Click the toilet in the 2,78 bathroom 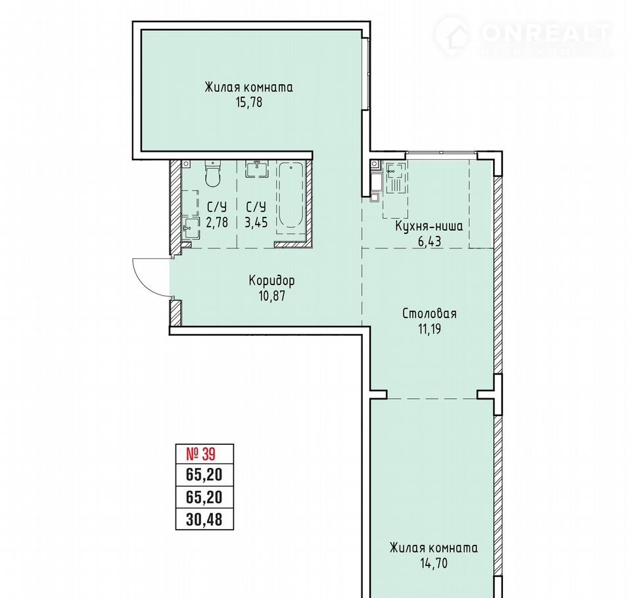pyautogui.click(x=213, y=174)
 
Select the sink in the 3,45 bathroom pyautogui.click(x=256, y=169)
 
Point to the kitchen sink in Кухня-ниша pyautogui.click(x=395, y=177)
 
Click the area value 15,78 pyautogui.click(x=249, y=103)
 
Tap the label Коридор pyautogui.click(x=271, y=280)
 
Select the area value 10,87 pyautogui.click(x=272, y=296)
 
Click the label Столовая pyautogui.click(x=429, y=313)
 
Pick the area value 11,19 pyautogui.click(x=429, y=329)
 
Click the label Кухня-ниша pyautogui.click(x=429, y=226)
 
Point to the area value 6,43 pyautogui.click(x=429, y=241)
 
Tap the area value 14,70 pyautogui.click(x=434, y=563)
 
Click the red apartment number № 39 pyautogui.click(x=201, y=454)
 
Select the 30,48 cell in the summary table pyautogui.click(x=204, y=520)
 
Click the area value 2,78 pyautogui.click(x=217, y=222)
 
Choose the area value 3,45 pyautogui.click(x=256, y=222)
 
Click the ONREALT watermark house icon pyautogui.click(x=452, y=35)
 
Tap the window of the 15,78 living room pyautogui.click(x=365, y=73)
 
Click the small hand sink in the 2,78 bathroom pyautogui.click(x=191, y=229)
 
